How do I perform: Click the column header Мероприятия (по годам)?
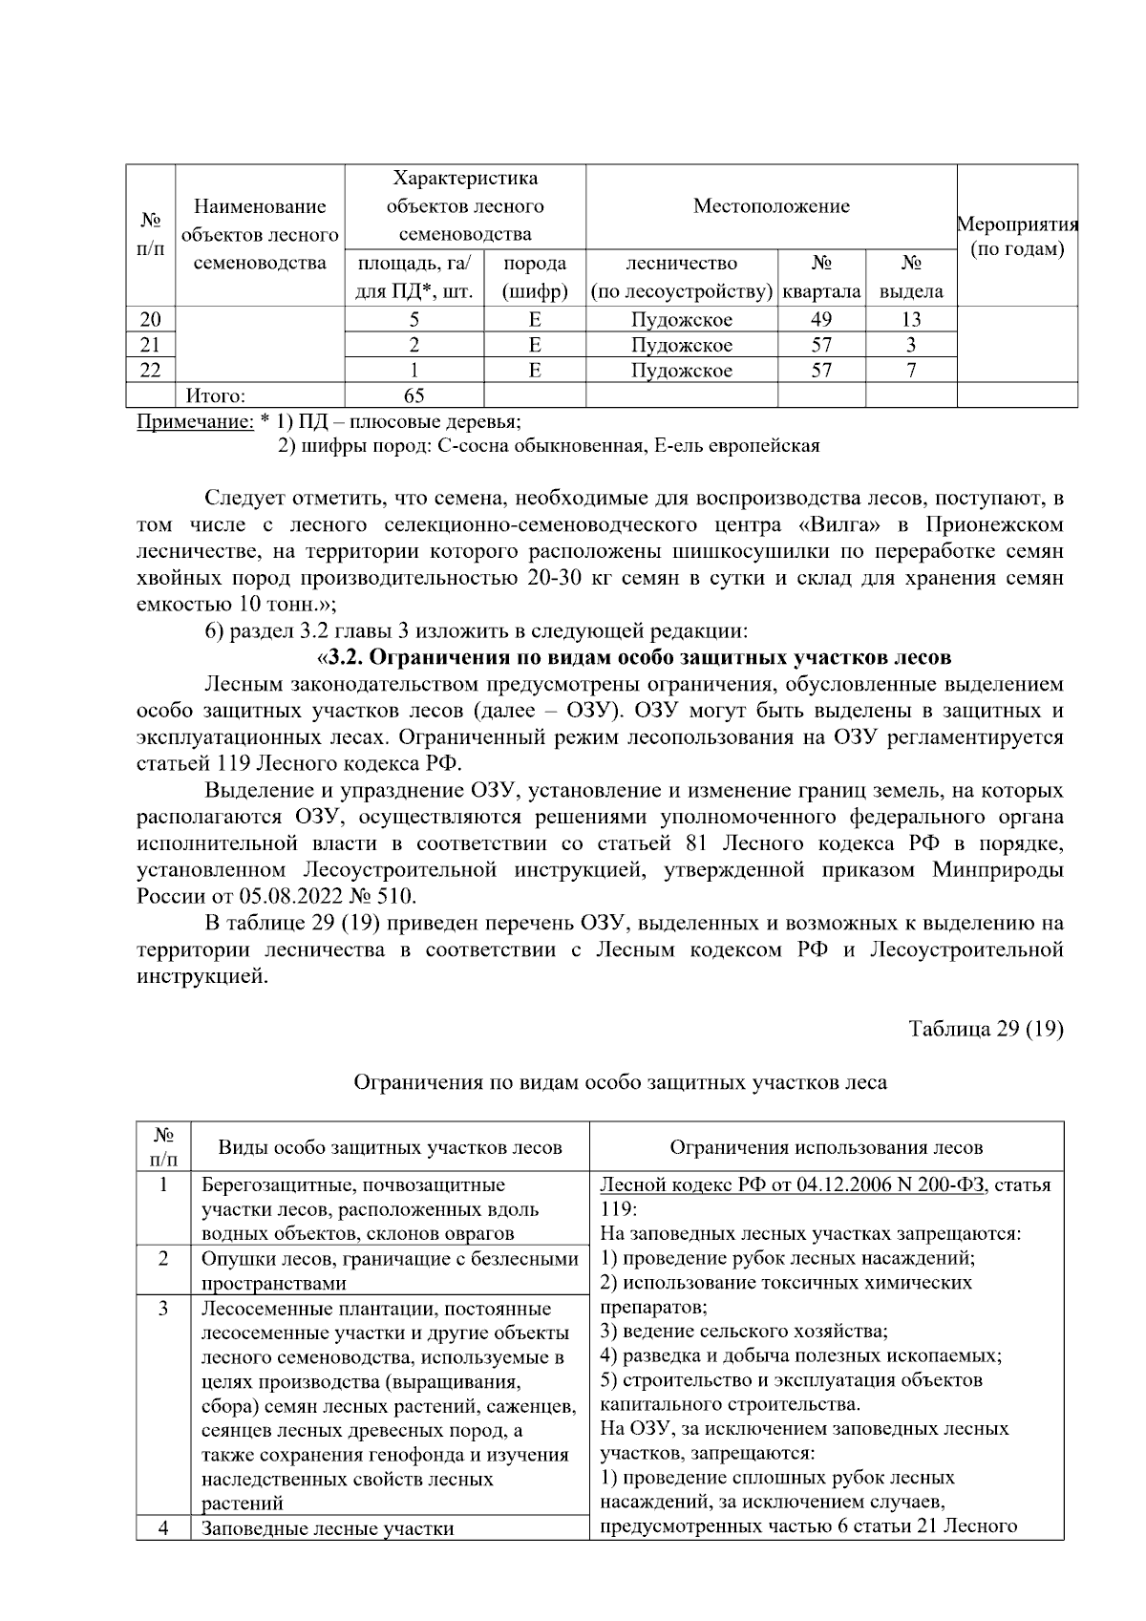(x=1017, y=237)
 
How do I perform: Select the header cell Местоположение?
(x=771, y=206)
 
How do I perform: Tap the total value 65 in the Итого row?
(x=414, y=395)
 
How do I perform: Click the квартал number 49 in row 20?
(x=821, y=320)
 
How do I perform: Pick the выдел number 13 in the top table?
(x=911, y=320)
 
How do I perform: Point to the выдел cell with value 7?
(x=911, y=371)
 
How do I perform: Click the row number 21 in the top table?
(x=150, y=345)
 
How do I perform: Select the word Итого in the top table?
(x=215, y=395)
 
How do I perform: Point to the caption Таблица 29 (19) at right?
(x=986, y=1029)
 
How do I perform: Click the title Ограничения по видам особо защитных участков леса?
(x=620, y=1082)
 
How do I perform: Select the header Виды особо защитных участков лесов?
(x=390, y=1147)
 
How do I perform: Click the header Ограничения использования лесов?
(x=826, y=1147)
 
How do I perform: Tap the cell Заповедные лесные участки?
(x=328, y=1528)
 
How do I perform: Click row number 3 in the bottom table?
(x=163, y=1309)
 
